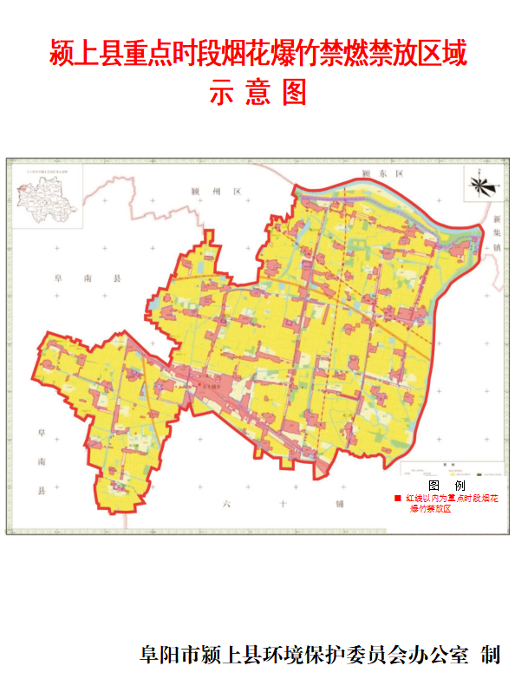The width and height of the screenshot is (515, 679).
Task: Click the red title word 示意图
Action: (257, 92)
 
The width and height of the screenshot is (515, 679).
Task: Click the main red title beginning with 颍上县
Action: (257, 53)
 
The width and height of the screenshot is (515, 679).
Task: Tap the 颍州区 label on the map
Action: (218, 191)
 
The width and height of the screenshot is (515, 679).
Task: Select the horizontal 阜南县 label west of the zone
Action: (87, 279)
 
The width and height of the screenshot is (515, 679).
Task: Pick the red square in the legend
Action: (397, 499)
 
